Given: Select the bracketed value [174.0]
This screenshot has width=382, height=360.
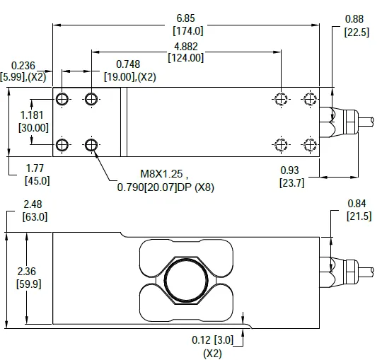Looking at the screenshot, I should pyautogui.click(x=187, y=30).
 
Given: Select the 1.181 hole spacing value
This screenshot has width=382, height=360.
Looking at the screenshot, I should pyautogui.click(x=33, y=115).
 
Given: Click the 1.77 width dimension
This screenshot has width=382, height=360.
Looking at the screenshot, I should pyautogui.click(x=34, y=168).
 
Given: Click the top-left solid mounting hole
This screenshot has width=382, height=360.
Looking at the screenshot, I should pyautogui.click(x=62, y=98).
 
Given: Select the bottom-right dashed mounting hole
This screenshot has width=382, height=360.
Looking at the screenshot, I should pyautogui.click(x=308, y=145).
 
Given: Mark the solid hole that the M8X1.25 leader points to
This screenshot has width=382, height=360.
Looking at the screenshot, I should pyautogui.click(x=91, y=146).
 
